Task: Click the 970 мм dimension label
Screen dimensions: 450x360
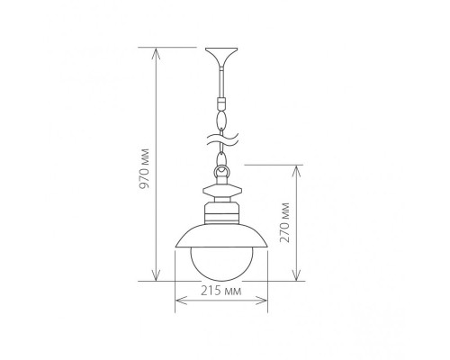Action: coord(146,168)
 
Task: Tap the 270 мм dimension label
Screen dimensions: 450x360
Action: coord(284,222)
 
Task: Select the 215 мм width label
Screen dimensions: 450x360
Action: coord(221,291)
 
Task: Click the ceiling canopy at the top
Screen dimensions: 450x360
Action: coord(221,58)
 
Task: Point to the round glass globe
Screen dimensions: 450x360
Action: coord(221,264)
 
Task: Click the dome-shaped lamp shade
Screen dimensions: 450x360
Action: coord(221,237)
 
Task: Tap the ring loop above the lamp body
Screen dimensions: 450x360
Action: coord(221,172)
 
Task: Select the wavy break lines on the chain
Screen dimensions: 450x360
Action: coord(221,140)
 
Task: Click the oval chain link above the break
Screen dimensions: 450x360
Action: coord(221,120)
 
